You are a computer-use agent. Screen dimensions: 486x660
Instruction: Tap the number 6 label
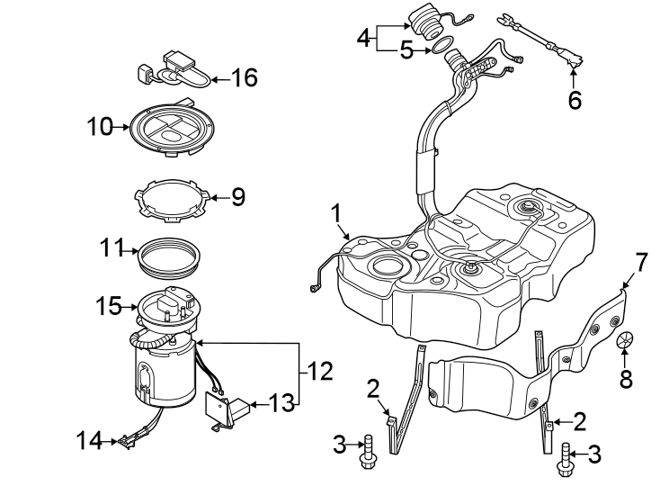(x=575, y=99)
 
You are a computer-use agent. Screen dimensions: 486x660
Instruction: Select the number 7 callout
(x=640, y=264)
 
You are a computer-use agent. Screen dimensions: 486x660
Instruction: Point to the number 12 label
(x=320, y=370)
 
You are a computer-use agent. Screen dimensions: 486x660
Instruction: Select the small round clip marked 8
(x=626, y=341)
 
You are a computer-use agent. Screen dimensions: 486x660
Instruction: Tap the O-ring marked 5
(x=434, y=48)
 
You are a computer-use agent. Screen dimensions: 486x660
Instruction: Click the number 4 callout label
(x=363, y=38)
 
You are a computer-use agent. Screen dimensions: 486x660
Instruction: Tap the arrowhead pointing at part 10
(x=125, y=128)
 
